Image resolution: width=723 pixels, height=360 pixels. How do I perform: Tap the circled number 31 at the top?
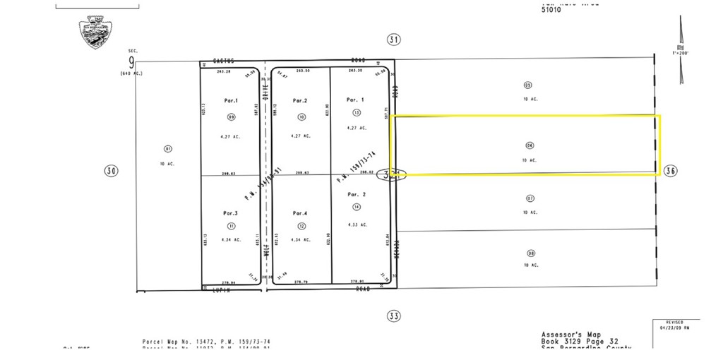pyautogui.click(x=394, y=40)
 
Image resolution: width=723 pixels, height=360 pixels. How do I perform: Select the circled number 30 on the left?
pyautogui.click(x=111, y=170)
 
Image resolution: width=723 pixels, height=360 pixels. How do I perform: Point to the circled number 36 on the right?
pyautogui.click(x=671, y=170)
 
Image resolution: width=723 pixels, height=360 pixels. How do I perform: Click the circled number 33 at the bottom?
pyautogui.click(x=394, y=316)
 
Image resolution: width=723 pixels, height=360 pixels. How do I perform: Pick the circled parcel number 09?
pyautogui.click(x=231, y=116)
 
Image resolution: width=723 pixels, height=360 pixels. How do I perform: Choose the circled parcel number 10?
pyautogui.click(x=301, y=116)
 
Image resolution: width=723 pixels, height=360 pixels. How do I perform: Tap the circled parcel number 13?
pyautogui.click(x=357, y=112)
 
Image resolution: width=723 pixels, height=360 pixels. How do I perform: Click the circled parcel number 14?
pyautogui.click(x=357, y=206)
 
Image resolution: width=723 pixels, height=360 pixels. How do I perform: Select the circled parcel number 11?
pyautogui.click(x=231, y=226)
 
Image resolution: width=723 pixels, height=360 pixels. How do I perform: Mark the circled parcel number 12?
pyautogui.click(x=301, y=226)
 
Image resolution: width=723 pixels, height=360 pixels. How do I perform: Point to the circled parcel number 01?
pyautogui.click(x=167, y=149)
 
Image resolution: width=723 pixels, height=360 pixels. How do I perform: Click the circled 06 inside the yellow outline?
pyautogui.click(x=530, y=145)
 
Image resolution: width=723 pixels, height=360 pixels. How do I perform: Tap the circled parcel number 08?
pyautogui.click(x=530, y=252)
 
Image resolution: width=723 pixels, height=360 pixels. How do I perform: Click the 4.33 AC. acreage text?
pyautogui.click(x=357, y=225)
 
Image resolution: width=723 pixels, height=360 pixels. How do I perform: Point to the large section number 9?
pyautogui.click(x=131, y=61)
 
